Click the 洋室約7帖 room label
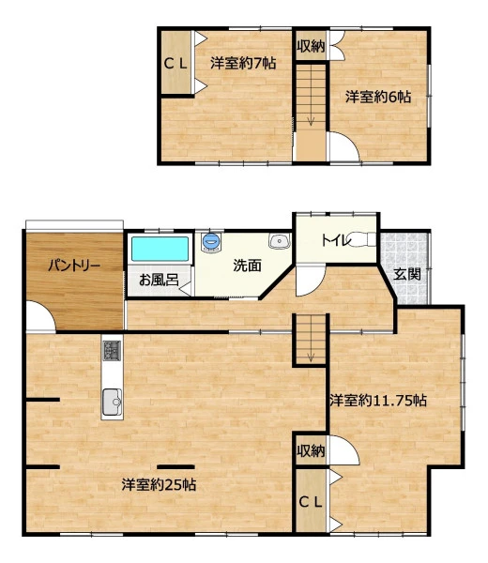[x=243, y=64]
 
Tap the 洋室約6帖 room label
[x=378, y=97]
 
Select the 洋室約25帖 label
[x=159, y=485]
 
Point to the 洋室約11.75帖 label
[x=378, y=401]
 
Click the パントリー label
[x=74, y=266]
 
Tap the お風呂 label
[x=159, y=280]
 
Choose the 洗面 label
[x=247, y=266]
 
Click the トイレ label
[x=336, y=240]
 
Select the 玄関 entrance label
[x=407, y=274]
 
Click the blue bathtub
[x=160, y=249]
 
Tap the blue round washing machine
[x=210, y=241]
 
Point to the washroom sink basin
[x=280, y=241]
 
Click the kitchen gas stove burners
[x=112, y=350]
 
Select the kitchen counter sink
[x=112, y=403]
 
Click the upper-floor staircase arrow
[x=311, y=120]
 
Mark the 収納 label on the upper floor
[x=311, y=46]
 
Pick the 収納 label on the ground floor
[x=311, y=450]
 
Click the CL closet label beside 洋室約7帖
[x=175, y=64]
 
